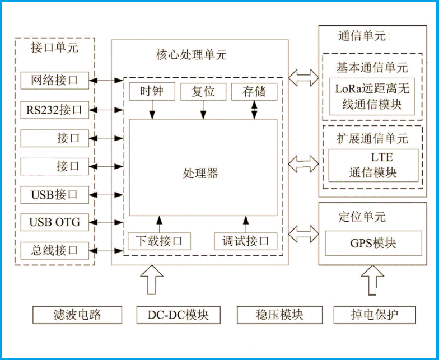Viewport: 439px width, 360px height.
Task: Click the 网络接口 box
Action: [x=54, y=81]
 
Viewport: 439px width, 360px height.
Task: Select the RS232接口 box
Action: [x=54, y=109]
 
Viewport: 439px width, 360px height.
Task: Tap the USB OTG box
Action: [x=54, y=222]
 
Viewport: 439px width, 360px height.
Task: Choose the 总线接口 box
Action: [x=54, y=250]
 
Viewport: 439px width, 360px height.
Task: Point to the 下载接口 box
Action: [x=159, y=241]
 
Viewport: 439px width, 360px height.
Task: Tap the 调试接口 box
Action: [x=246, y=241]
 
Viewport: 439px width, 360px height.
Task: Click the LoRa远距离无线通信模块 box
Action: [x=372, y=96]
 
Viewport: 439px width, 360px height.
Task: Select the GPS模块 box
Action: [x=373, y=244]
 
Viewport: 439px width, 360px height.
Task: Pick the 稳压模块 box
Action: [x=279, y=315]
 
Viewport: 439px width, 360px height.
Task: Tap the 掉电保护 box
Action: [x=375, y=315]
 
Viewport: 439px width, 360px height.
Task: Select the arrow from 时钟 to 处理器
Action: [x=152, y=110]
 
